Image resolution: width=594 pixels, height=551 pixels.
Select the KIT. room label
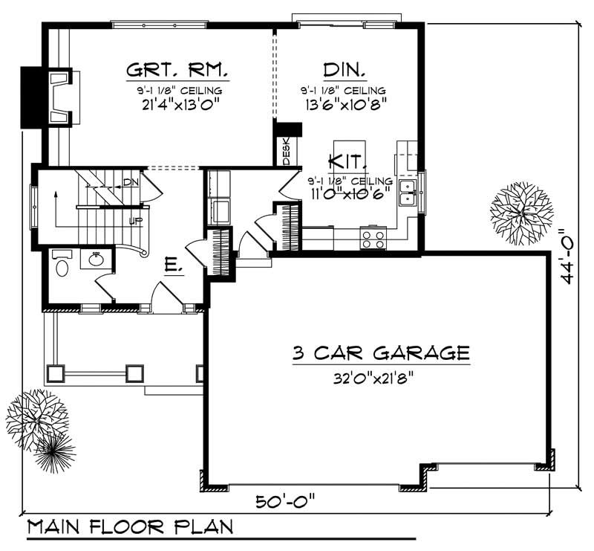[x=346, y=160]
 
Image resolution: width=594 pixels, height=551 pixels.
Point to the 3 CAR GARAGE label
[x=380, y=352]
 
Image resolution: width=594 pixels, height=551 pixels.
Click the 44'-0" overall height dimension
[x=569, y=256]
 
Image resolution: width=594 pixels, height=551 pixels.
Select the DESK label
[x=287, y=152]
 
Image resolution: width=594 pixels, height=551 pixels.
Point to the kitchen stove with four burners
[x=373, y=239]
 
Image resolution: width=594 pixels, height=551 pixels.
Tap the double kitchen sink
[x=408, y=192]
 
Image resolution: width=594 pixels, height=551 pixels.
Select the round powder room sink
[x=97, y=260]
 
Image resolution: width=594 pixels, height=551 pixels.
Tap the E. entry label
[x=172, y=264]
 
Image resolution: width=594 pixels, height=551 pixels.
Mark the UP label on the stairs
[x=136, y=221]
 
